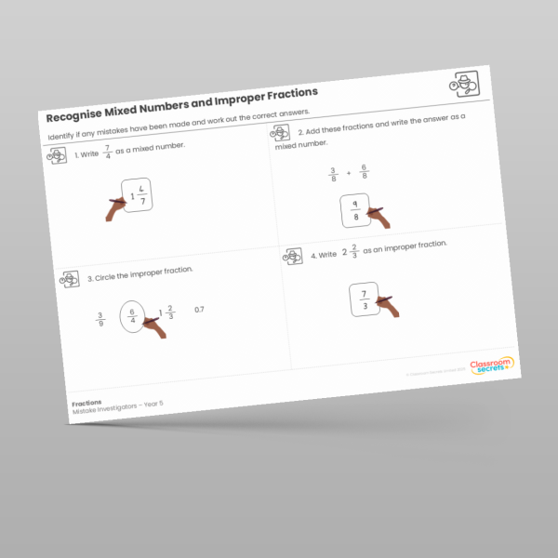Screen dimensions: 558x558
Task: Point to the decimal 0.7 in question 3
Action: click(199, 309)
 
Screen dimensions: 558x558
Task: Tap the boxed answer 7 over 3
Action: click(365, 299)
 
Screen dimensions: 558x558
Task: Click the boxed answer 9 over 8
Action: click(354, 211)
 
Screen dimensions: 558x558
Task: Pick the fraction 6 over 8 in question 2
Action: click(364, 170)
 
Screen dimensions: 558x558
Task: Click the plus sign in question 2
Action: click(348, 172)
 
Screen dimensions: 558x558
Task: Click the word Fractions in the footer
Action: click(86, 403)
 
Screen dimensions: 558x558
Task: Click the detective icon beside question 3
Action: click(68, 277)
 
